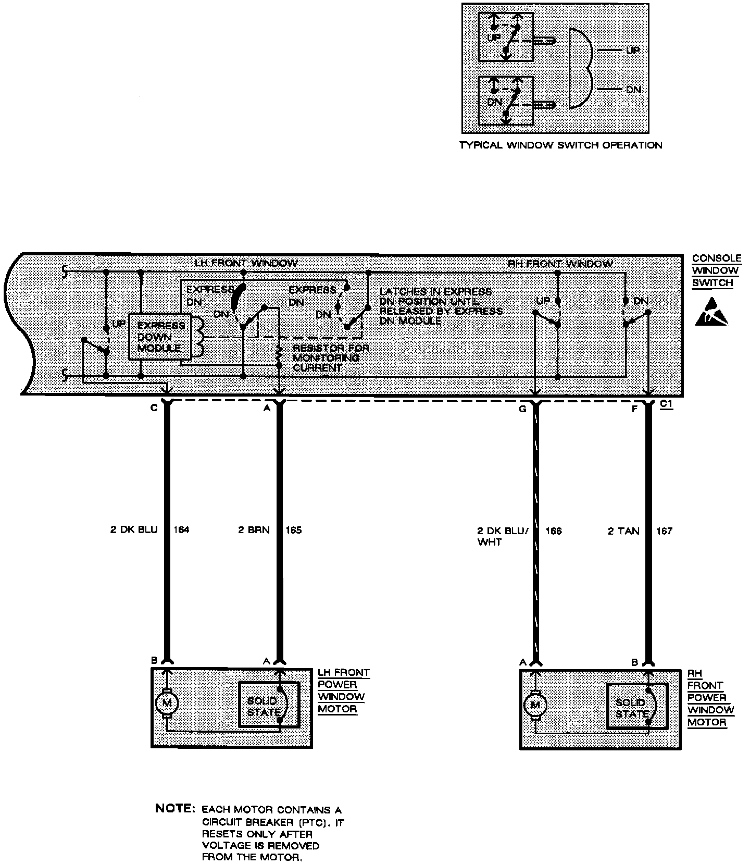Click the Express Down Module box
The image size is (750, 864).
(160, 336)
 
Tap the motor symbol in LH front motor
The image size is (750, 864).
(167, 703)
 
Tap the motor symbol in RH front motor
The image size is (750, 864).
(535, 706)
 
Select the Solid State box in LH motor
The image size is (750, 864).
(269, 705)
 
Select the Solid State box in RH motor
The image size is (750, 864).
(637, 706)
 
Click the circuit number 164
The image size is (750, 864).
(181, 530)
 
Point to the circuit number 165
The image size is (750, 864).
(293, 530)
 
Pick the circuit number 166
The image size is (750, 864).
(554, 531)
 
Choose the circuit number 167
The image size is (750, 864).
(664, 531)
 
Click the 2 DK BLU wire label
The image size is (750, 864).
(134, 530)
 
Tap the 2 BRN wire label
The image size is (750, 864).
(254, 530)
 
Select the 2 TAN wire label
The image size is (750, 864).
(623, 531)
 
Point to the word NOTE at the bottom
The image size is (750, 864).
(174, 809)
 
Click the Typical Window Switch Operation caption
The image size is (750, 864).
(560, 145)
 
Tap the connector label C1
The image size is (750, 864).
(666, 404)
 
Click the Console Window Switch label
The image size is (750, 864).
(716, 271)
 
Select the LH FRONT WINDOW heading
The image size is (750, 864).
(246, 263)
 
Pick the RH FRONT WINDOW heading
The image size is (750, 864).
(560, 264)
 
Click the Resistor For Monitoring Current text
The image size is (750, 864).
(331, 358)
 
